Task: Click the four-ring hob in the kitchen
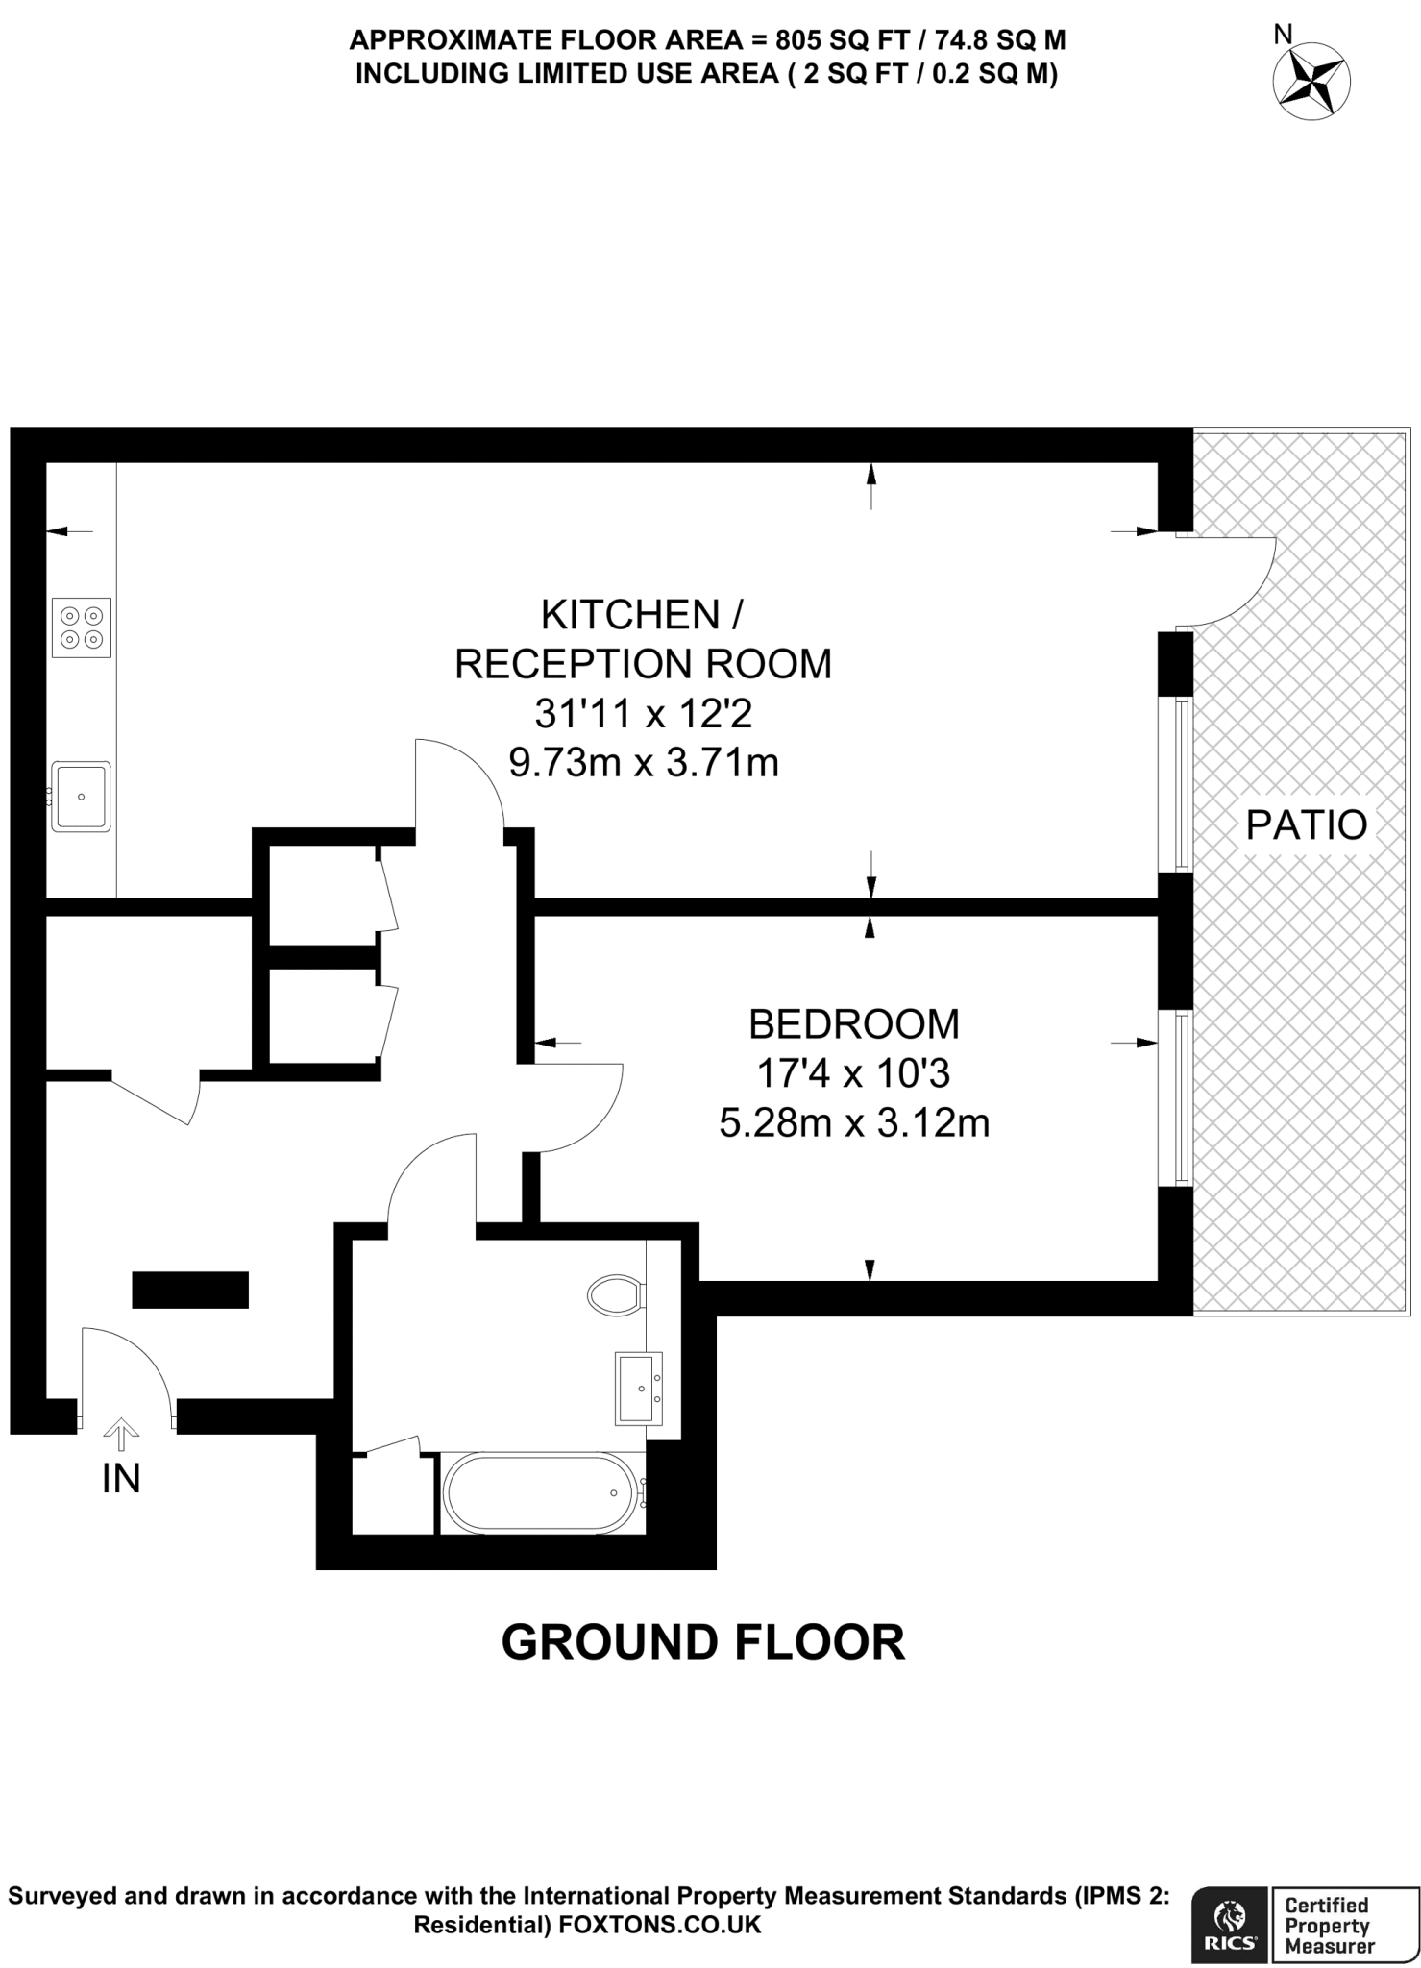(x=82, y=627)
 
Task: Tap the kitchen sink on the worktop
(x=82, y=797)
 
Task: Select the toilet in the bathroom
(x=616, y=1295)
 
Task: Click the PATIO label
(x=1306, y=824)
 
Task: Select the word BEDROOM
(x=853, y=1024)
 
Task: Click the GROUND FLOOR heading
(x=703, y=1642)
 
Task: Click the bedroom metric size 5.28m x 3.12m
(x=854, y=1121)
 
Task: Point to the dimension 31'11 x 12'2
(x=643, y=714)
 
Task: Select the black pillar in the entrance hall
(x=190, y=1290)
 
